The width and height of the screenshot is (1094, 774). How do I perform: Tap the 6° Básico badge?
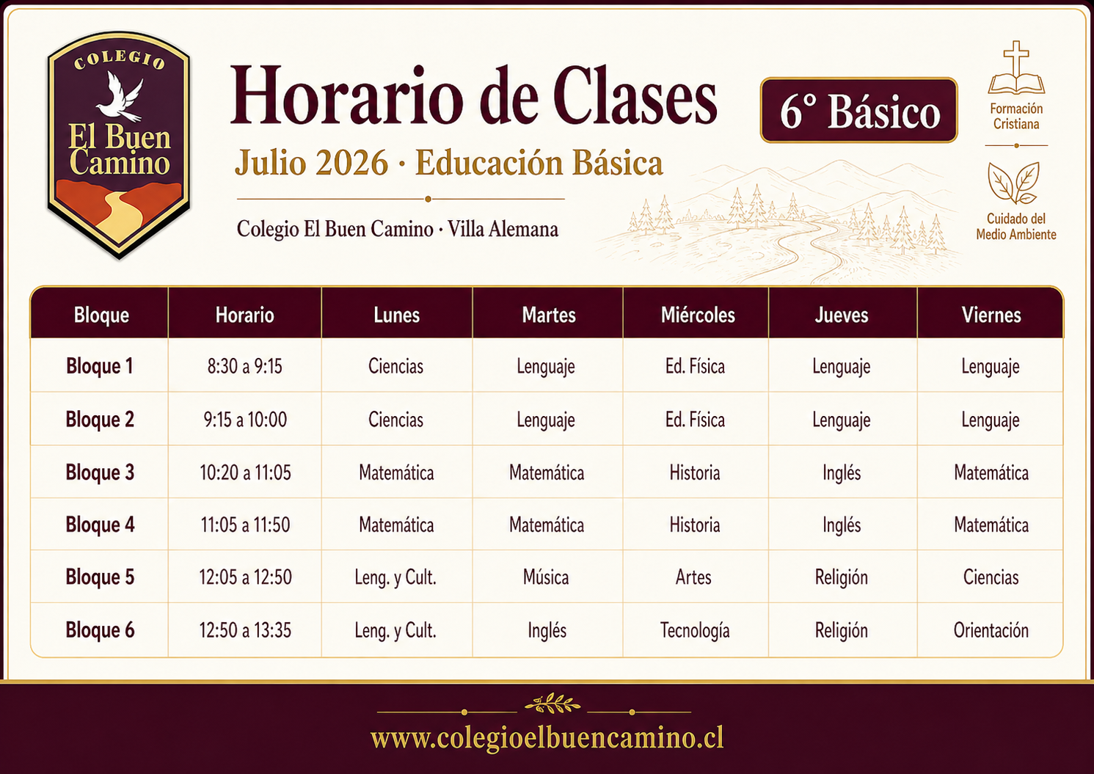(x=858, y=110)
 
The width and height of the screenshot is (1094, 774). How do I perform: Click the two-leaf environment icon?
(x=1014, y=183)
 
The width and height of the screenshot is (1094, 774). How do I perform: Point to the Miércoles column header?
(x=698, y=315)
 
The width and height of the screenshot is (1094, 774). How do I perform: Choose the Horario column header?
(x=244, y=315)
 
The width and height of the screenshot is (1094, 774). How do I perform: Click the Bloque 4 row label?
(x=100, y=525)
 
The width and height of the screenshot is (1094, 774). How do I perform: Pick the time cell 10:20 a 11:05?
(x=245, y=472)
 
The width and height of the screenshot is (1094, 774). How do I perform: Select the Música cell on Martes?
(x=546, y=577)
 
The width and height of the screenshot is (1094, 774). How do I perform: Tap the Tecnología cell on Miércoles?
(x=695, y=630)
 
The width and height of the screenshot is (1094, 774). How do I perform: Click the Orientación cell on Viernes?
(x=991, y=630)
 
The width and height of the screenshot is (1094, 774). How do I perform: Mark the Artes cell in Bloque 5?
(x=693, y=577)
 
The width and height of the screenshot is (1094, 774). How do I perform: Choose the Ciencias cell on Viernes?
(x=991, y=577)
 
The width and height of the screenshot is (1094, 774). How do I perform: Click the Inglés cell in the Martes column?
(x=547, y=630)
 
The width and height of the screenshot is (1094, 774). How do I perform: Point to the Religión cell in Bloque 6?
(x=842, y=630)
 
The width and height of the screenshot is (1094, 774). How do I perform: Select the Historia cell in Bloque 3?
(x=695, y=472)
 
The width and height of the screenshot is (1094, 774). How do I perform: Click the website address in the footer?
(x=547, y=739)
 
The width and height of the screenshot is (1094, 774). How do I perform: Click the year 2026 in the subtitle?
(x=351, y=163)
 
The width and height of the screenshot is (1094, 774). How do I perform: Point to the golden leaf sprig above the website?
(x=553, y=704)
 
